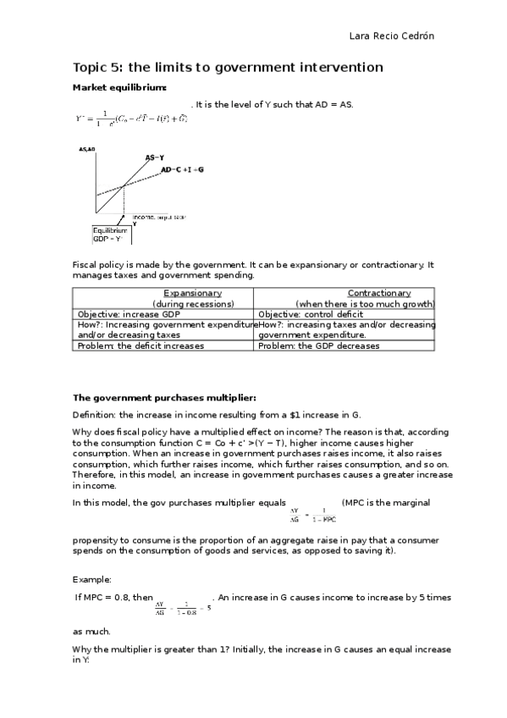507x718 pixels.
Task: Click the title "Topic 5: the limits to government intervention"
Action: pyautogui.click(x=229, y=68)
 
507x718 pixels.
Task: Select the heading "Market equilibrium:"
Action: pyautogui.click(x=119, y=88)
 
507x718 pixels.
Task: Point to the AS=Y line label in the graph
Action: pyautogui.click(x=155, y=157)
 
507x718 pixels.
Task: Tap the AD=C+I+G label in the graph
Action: pyautogui.click(x=182, y=169)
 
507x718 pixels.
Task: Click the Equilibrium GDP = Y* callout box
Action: pyautogui.click(x=110, y=235)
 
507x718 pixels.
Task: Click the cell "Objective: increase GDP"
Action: pyautogui.click(x=129, y=314)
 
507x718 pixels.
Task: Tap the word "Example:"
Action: pyautogui.click(x=92, y=579)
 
